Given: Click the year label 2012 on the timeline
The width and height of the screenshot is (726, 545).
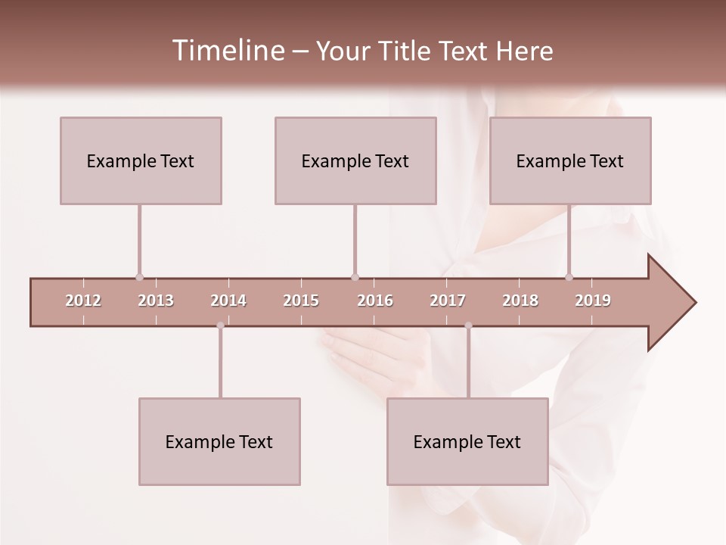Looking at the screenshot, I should (x=83, y=301).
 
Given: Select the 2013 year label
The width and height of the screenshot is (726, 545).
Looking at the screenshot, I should (x=156, y=301).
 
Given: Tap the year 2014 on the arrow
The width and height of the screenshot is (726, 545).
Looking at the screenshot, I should (x=228, y=301).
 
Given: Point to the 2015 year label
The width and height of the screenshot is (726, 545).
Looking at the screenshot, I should (x=301, y=301).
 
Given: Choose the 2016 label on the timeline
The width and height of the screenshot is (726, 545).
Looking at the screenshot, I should (x=375, y=301).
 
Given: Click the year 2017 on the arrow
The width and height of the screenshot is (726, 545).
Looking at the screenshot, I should (x=448, y=301).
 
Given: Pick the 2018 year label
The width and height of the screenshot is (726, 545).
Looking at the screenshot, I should (x=520, y=301).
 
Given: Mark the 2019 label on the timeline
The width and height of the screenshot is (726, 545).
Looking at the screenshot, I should (x=593, y=301).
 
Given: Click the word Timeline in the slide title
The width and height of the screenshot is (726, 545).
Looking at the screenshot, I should (x=227, y=51).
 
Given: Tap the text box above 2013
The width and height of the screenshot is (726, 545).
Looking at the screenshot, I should (x=141, y=160).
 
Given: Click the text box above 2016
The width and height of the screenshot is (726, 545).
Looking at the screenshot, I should (x=355, y=160).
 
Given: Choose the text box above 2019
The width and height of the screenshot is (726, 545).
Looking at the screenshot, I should (x=570, y=160).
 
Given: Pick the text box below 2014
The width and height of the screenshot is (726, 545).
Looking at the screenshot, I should (x=219, y=441).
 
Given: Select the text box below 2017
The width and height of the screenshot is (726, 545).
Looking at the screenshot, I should (x=467, y=441).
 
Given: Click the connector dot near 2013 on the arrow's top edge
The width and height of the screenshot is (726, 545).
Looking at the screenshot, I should (x=139, y=277).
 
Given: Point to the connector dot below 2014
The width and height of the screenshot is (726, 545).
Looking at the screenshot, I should (x=220, y=325).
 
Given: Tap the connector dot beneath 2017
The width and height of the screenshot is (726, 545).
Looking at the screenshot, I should (x=468, y=325).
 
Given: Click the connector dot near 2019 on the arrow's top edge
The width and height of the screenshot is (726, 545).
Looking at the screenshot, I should (x=569, y=277).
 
